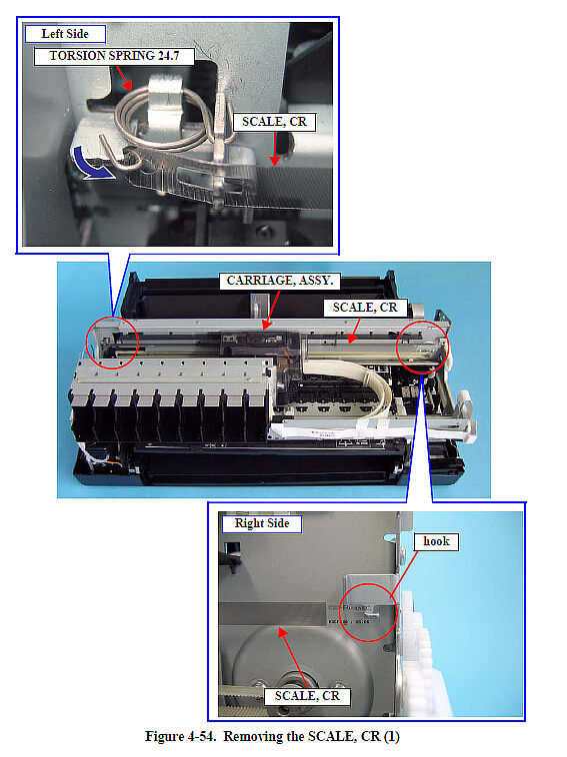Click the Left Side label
(65, 34)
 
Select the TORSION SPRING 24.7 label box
(114, 56)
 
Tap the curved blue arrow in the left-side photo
(91, 165)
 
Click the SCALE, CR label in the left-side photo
(274, 122)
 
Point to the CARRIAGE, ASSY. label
(280, 281)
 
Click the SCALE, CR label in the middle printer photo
(365, 308)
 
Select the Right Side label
(262, 523)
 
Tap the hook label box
(436, 541)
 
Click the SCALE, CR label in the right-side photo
(307, 696)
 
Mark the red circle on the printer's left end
(87, 344)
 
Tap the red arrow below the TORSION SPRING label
(123, 78)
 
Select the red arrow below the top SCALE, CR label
(275, 149)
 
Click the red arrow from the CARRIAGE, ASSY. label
(271, 310)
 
